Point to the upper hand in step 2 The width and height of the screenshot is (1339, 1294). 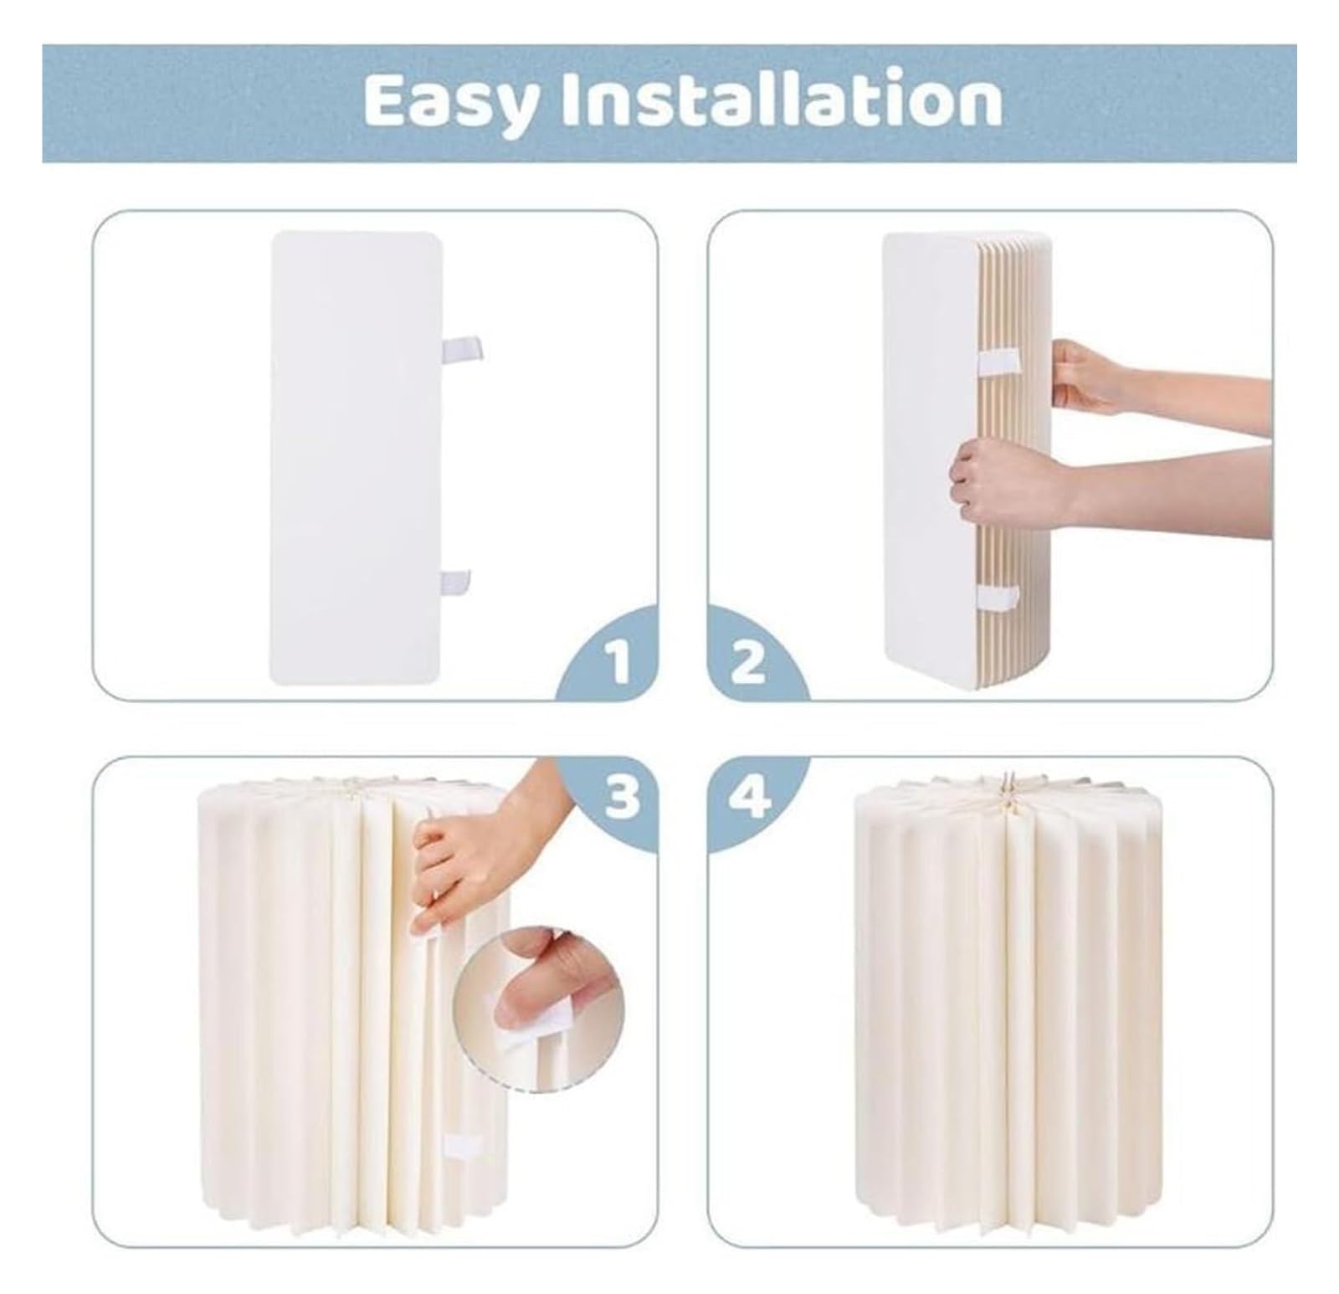point(1088,377)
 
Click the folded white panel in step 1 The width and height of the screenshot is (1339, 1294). point(356,457)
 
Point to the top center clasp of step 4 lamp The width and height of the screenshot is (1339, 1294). point(1008,787)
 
